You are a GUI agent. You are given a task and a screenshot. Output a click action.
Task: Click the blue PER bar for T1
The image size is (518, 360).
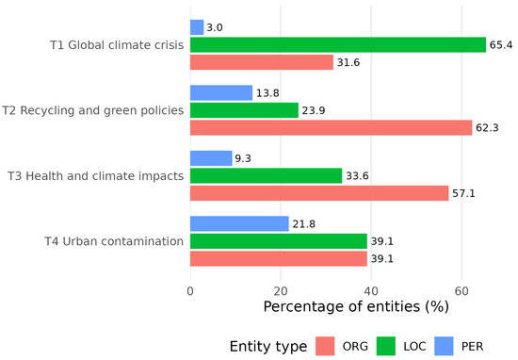pos(197,27)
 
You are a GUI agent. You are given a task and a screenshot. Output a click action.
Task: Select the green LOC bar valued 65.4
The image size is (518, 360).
pos(338,45)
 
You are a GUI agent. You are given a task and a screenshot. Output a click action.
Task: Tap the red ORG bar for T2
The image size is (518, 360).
pos(331,127)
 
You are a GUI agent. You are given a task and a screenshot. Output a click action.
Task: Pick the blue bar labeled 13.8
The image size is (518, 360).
pos(221,93)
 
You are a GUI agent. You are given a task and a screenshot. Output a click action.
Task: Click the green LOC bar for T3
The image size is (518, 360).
pos(267,175)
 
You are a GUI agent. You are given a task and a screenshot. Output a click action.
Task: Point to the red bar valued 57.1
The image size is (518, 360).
pos(319,193)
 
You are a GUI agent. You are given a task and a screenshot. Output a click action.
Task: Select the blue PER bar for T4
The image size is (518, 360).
pos(239,223)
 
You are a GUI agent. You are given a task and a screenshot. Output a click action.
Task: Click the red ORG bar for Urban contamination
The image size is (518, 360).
pos(279,258)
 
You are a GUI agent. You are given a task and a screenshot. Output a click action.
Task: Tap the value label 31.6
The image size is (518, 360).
pos(348,62)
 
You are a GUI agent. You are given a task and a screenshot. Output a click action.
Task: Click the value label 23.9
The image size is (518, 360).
pos(314,110)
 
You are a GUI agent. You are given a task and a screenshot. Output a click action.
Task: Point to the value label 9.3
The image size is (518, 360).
pos(243,158)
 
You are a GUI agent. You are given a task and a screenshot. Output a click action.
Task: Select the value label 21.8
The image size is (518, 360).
pos(304,224)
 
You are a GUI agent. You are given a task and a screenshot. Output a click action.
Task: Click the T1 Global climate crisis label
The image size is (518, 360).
pos(117,45)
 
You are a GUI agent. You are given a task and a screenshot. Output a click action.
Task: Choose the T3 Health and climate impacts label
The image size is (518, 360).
pos(96,176)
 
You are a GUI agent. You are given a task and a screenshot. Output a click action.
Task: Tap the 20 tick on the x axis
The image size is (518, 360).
pos(281,291)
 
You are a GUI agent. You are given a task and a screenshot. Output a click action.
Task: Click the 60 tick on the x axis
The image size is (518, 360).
pos(461,291)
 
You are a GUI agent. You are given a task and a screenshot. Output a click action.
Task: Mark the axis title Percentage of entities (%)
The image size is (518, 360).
pos(356,306)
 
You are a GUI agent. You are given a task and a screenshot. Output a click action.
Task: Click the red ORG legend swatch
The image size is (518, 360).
pos(325,346)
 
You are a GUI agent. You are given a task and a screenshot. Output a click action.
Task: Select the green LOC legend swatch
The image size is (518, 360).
pos(386,346)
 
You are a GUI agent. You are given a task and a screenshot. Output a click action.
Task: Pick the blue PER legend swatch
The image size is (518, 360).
pos(444,346)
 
